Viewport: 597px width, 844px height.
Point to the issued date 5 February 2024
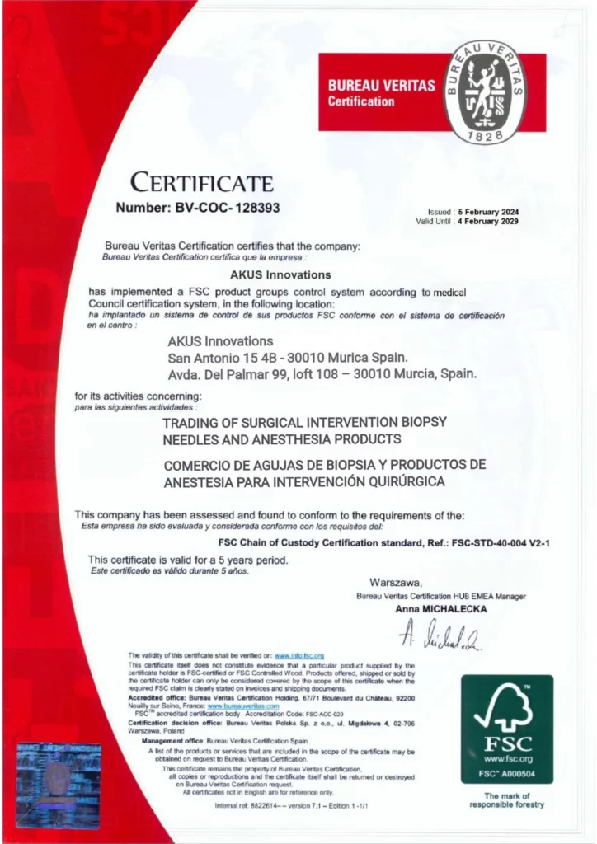point(488,212)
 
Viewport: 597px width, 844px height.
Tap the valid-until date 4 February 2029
point(488,221)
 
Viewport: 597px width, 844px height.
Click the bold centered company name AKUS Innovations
point(279,274)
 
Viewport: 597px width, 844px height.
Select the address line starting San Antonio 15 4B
point(287,358)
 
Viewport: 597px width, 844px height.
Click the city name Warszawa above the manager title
point(396,582)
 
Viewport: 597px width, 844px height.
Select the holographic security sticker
point(59,785)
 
